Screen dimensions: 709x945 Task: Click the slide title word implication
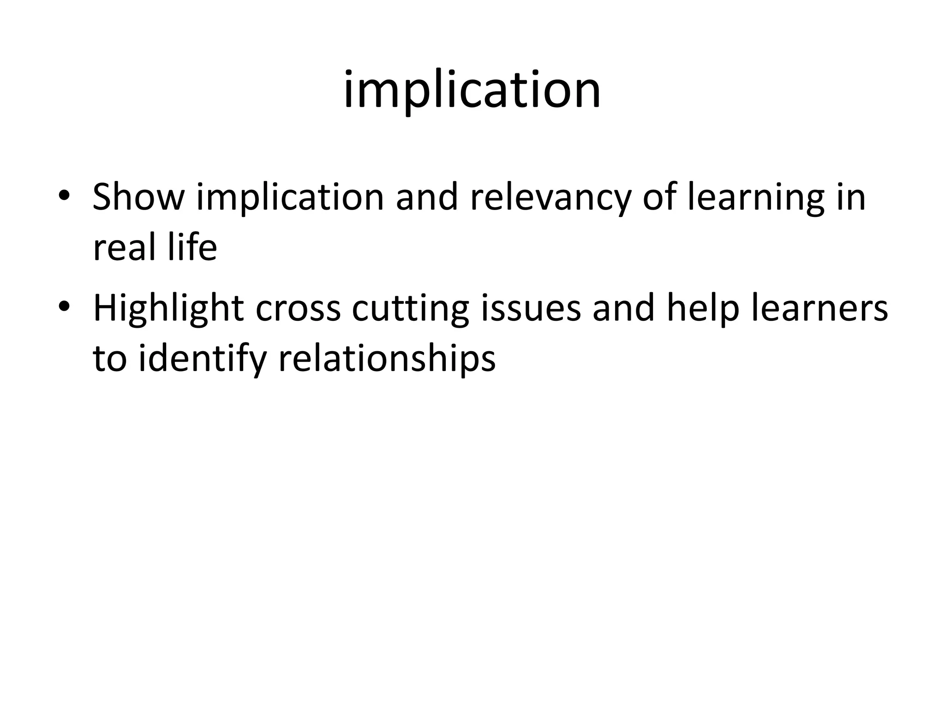(472, 90)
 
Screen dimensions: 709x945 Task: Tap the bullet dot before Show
(64, 195)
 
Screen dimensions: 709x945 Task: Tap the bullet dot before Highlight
(64, 305)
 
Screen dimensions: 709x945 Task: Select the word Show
(138, 197)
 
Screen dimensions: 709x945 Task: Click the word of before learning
(659, 197)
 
